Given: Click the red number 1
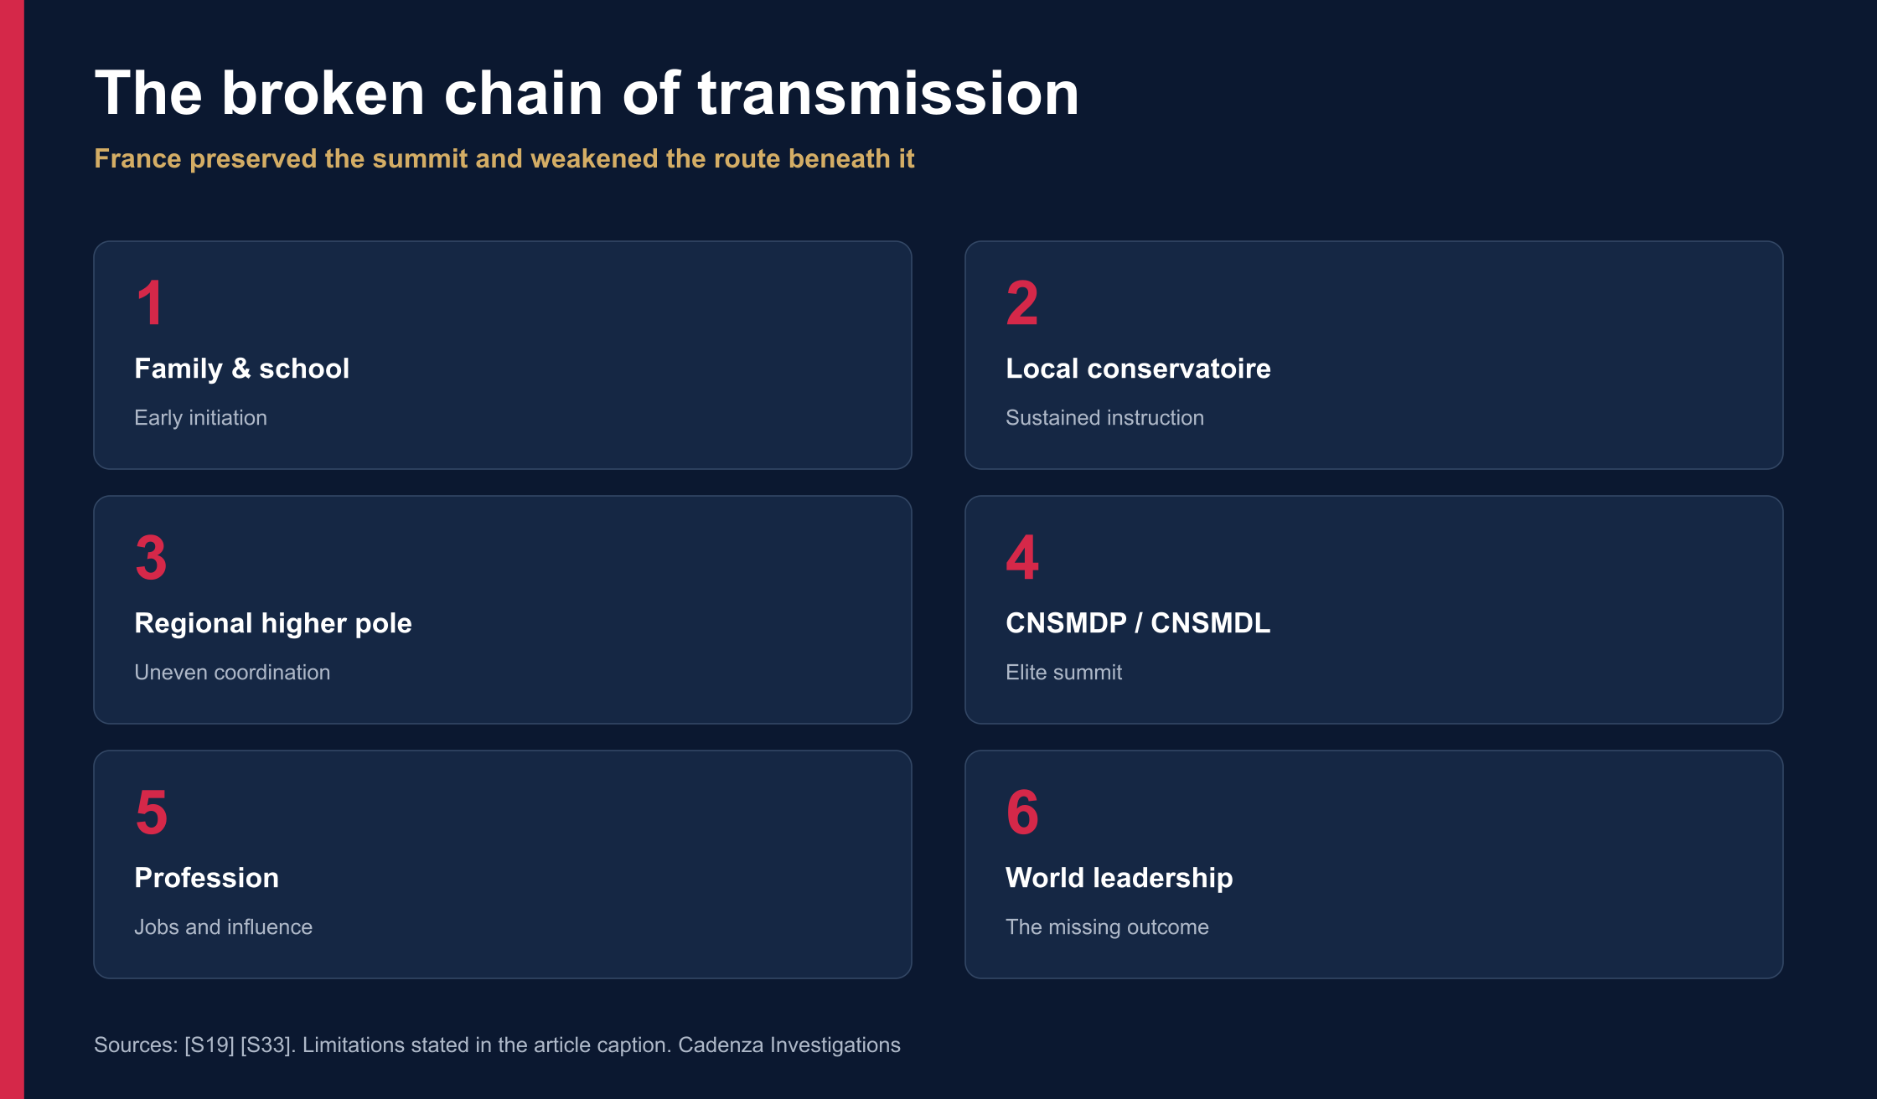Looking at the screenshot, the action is pos(151,302).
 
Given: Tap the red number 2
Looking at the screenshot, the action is pos(1022,302).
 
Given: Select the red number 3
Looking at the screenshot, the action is pos(152,557).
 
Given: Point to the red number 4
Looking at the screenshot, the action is pos(1022,557).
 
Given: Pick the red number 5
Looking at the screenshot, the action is pos(152,812).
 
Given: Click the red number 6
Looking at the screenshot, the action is pos(1022,812).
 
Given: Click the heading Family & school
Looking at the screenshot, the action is pos(242,369).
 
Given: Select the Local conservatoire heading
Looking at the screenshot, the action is pos(1138,369).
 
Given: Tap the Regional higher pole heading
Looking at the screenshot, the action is pos(273,623).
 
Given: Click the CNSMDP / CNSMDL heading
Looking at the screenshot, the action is pos(1138,623).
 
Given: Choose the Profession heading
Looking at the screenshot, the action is pos(207,878).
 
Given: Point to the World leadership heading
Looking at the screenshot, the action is pos(1119,878).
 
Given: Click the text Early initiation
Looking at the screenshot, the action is pos(201,418).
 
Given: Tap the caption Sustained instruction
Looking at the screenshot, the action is pos(1104,418).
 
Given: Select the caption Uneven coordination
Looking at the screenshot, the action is pos(232,673).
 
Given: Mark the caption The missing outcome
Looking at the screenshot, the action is pos(1107,927).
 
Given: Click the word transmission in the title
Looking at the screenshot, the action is pos(888,93).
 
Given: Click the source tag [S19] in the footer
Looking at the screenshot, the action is pos(209,1045).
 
